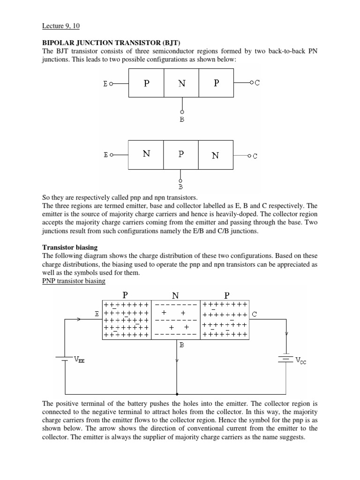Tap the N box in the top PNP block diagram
coord(181,83)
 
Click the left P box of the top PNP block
coord(146,83)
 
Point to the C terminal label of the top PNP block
coord(257,83)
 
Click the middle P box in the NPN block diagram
coord(181,155)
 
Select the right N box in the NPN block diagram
coord(216,155)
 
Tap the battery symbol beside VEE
coord(64,358)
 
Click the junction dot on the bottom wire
coord(177,394)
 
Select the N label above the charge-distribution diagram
coord(175,295)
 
